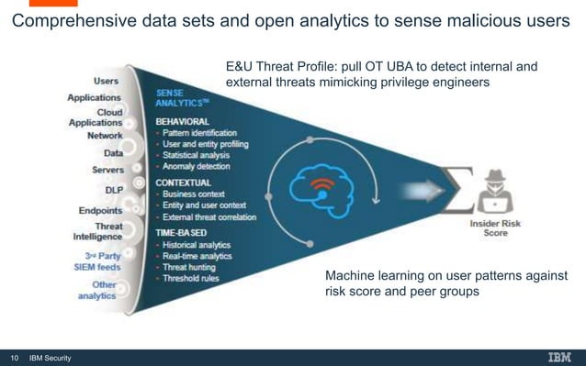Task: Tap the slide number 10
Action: coord(14,358)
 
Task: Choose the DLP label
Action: coord(115,190)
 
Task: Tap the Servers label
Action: coord(108,170)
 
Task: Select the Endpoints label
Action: coord(101,210)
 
